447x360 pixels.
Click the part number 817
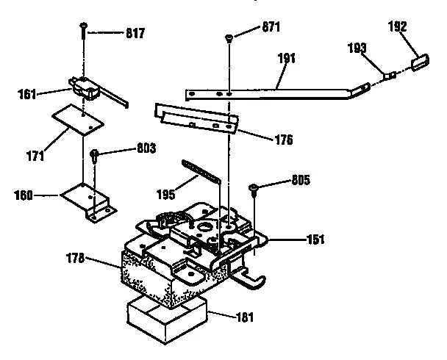click(135, 33)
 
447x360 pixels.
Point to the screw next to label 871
click(230, 37)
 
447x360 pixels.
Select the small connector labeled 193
click(390, 74)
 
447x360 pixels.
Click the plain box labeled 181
click(167, 316)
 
